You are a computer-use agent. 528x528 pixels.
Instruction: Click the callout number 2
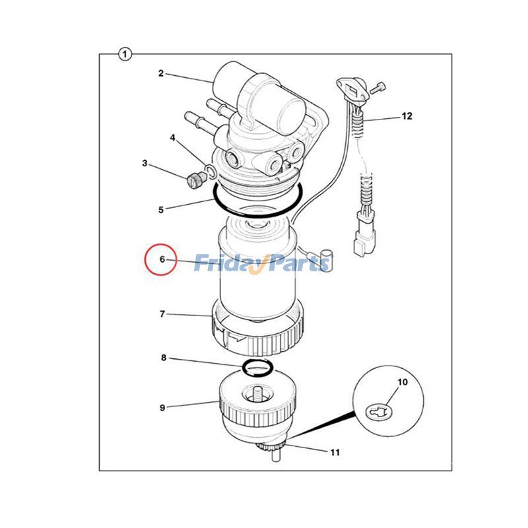(160, 73)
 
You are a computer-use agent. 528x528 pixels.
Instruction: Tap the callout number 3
(145, 163)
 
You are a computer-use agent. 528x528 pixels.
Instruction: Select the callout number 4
(172, 138)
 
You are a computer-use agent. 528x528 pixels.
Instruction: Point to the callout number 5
(160, 210)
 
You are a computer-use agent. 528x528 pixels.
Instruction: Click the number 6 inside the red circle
(162, 259)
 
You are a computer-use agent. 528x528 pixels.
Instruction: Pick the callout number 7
(162, 314)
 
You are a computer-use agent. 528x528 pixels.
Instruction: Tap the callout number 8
(163, 358)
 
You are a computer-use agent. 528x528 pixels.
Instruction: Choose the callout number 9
(162, 407)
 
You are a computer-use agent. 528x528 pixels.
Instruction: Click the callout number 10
(403, 382)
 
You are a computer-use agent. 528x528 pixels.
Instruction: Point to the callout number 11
(335, 452)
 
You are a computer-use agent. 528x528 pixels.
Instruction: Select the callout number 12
(407, 116)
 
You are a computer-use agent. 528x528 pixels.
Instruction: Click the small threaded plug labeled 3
(194, 179)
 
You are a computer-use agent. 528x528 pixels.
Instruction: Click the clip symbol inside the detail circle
(376, 413)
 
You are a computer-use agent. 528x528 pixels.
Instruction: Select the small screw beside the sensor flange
(378, 86)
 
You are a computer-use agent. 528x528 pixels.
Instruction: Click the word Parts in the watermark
(298, 263)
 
